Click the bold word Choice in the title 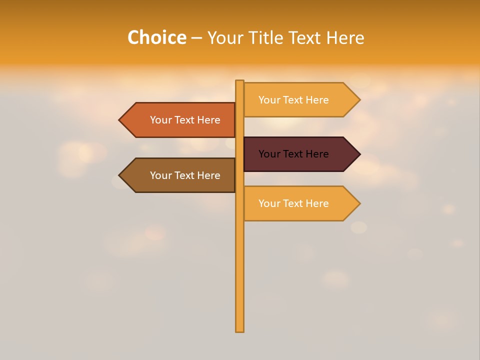click(x=156, y=37)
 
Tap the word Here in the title click(x=345, y=37)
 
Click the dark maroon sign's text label click(x=293, y=154)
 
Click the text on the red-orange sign click(x=185, y=120)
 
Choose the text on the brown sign click(x=185, y=175)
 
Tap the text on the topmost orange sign click(x=293, y=100)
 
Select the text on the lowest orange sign click(x=293, y=203)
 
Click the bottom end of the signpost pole click(x=239, y=330)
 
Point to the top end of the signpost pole click(x=239, y=81)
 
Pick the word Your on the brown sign click(x=160, y=175)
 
